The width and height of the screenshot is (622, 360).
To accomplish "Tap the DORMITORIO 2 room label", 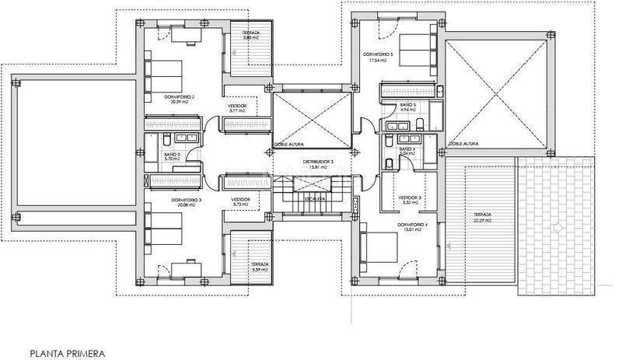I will [x=179, y=96].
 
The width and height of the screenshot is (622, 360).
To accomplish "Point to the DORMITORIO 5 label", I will [x=378, y=54].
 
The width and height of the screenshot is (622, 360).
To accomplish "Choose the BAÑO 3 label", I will [x=172, y=154].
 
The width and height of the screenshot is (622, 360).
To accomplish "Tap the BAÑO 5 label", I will [x=408, y=104].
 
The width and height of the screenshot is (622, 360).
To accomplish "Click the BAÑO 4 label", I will [x=407, y=149].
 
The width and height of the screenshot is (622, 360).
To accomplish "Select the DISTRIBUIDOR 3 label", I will [x=318, y=161].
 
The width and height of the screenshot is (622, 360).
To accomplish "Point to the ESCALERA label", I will [x=315, y=199].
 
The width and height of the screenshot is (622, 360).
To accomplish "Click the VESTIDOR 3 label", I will [x=409, y=197].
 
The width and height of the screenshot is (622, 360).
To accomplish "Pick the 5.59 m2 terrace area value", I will [x=260, y=270].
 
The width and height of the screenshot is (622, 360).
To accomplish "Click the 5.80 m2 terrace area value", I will [x=250, y=37].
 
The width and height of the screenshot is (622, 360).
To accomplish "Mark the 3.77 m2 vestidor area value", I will [x=237, y=111].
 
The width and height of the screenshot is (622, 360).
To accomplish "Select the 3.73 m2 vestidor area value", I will [x=240, y=206].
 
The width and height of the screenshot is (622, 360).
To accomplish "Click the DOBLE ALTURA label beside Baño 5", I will [x=464, y=145].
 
